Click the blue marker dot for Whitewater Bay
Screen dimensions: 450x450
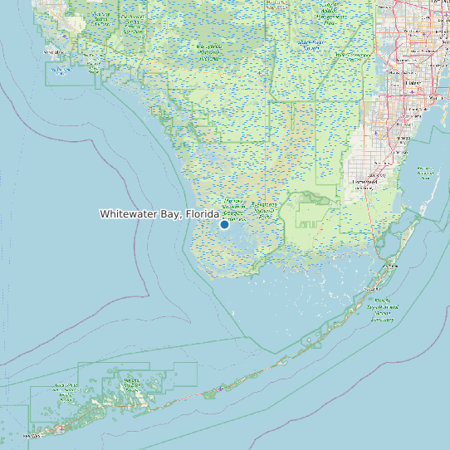(x=224, y=224)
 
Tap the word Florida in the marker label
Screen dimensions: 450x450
(x=202, y=214)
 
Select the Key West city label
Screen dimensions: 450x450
(x=32, y=434)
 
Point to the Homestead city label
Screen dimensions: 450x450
(x=364, y=181)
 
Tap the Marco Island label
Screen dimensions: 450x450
(x=56, y=51)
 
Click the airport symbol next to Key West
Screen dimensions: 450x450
(x=60, y=429)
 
